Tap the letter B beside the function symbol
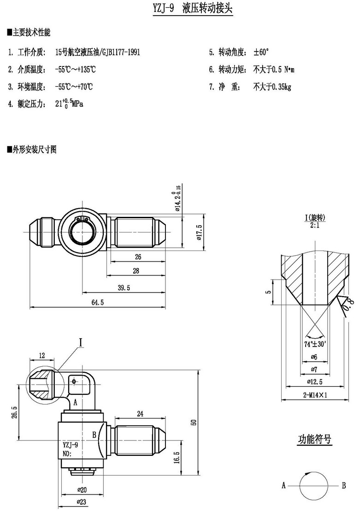pos(344,485)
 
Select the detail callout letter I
pos(80,342)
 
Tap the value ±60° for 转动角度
pos(261,52)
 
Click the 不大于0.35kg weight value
pos(272,86)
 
